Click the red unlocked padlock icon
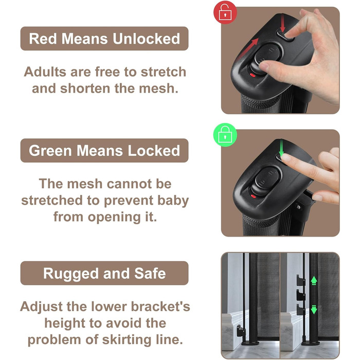225,12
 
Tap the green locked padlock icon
225,135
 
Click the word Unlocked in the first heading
147,39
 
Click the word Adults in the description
45,72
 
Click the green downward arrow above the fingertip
281,147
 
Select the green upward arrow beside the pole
314,281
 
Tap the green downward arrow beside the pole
314,310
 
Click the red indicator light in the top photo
253,75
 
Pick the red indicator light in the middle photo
253,196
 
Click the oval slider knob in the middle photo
267,180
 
